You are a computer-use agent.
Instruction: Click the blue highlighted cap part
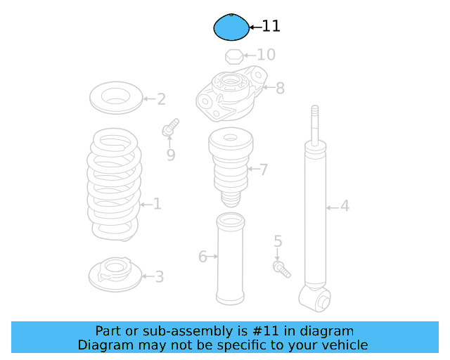click(x=231, y=28)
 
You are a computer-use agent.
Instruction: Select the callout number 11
click(x=271, y=27)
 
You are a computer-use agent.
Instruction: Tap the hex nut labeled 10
click(x=233, y=56)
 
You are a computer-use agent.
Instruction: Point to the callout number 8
click(x=280, y=89)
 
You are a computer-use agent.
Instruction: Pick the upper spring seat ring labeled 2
click(x=116, y=97)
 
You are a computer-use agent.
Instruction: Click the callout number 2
click(x=161, y=99)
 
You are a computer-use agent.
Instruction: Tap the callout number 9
click(x=171, y=155)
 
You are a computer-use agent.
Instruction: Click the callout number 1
click(x=157, y=204)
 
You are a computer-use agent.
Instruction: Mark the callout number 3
click(x=160, y=277)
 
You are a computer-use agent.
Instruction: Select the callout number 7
click(x=264, y=169)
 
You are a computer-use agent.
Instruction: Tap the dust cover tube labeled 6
click(x=230, y=259)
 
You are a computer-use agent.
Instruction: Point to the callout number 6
click(x=202, y=257)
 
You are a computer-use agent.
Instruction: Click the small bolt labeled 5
click(x=281, y=268)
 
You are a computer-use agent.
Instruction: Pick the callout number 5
click(x=278, y=242)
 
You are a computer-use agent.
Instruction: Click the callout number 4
click(x=345, y=206)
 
